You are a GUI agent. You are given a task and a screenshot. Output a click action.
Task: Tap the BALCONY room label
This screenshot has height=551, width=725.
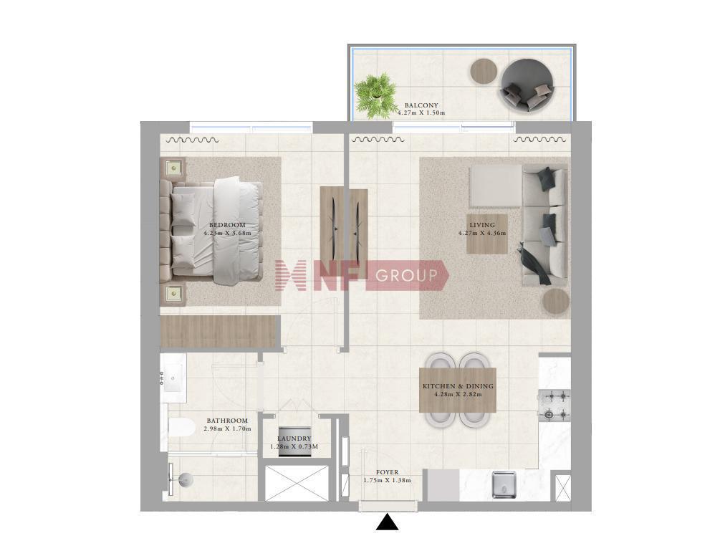click(421, 105)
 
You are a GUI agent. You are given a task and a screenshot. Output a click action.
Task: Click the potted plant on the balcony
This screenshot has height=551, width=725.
click(375, 96)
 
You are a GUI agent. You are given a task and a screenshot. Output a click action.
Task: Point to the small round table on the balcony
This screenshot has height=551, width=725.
click(484, 71)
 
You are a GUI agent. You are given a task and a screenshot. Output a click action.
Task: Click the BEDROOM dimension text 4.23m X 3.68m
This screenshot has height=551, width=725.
click(228, 233)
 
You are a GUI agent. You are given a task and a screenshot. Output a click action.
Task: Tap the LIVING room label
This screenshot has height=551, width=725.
click(482, 225)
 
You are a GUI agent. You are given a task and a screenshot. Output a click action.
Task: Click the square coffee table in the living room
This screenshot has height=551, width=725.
click(486, 234)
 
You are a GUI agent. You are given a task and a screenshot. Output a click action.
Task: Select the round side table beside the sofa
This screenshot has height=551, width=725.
click(555, 302)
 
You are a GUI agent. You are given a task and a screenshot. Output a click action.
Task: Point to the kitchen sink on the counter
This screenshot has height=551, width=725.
click(504, 484)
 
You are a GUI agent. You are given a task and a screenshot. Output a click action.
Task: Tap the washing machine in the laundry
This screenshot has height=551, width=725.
click(294, 441)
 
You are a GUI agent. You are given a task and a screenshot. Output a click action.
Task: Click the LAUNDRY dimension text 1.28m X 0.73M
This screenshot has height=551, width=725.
click(294, 447)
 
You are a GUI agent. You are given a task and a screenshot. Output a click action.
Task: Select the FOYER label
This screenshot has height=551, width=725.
click(387, 472)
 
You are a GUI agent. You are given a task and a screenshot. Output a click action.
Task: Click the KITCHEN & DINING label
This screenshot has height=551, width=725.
click(458, 385)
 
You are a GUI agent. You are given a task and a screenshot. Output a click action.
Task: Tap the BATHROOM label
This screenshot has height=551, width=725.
click(227, 421)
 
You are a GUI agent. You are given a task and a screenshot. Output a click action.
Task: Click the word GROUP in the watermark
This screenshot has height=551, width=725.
click(406, 276)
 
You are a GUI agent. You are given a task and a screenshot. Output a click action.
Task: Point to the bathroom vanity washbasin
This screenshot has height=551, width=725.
click(173, 378)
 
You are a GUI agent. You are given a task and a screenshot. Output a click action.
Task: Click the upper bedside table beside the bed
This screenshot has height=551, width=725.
click(173, 168)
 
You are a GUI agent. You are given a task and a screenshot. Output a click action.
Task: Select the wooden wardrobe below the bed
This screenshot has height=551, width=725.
click(221, 331)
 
